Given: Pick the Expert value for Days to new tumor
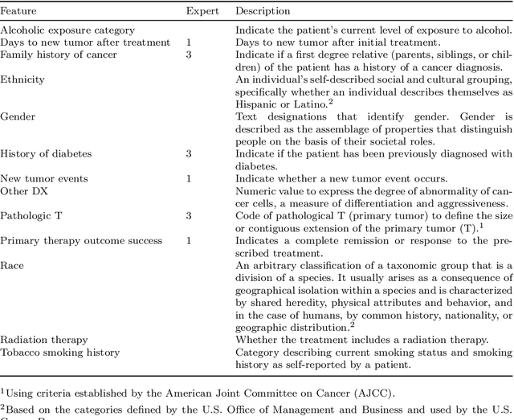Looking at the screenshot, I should pyautogui.click(x=189, y=42).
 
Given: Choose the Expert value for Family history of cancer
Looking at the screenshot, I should pyautogui.click(x=189, y=55).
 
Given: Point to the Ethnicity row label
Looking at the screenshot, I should pyautogui.click(x=22, y=80).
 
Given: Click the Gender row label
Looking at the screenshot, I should pyautogui.click(x=18, y=116).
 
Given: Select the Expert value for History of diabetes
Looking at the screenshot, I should pyautogui.click(x=189, y=153).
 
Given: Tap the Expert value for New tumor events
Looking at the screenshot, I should pyautogui.click(x=189, y=178).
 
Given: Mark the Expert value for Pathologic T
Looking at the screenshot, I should pyautogui.click(x=189, y=215).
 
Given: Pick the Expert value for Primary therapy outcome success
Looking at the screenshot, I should pyautogui.click(x=189, y=240).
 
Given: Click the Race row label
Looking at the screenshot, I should pyautogui.click(x=12, y=265).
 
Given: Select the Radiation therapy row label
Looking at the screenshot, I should pyautogui.click(x=44, y=340).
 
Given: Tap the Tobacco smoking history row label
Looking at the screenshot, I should pyautogui.click(x=60, y=352).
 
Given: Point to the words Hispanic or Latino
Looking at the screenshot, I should pyautogui.click(x=277, y=104).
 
